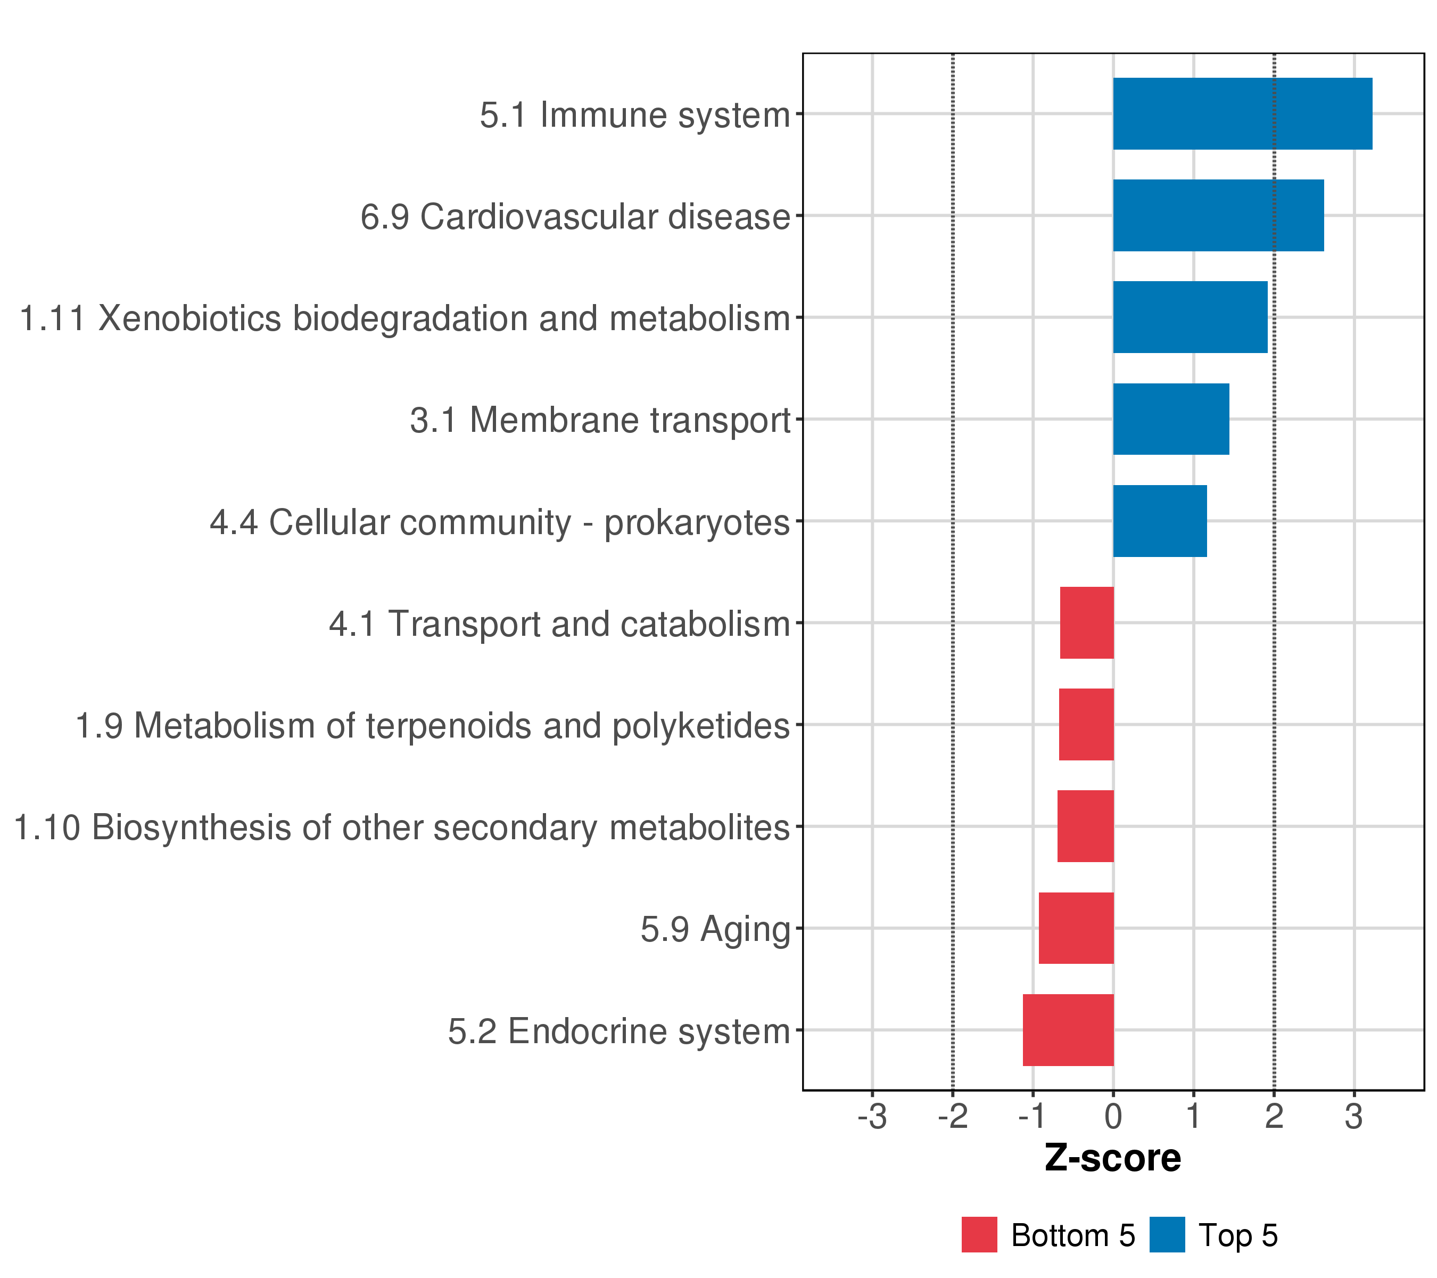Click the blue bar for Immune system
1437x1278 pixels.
tap(1242, 114)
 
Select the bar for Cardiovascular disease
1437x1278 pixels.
tap(1218, 215)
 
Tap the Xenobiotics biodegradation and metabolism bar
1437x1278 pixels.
tap(1190, 317)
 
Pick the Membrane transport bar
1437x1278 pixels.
tap(1171, 419)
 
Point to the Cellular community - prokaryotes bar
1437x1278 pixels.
tap(1160, 521)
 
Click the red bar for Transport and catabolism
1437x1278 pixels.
tap(1087, 622)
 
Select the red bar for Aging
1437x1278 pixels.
tap(1076, 928)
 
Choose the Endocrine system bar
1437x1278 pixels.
tap(1069, 1030)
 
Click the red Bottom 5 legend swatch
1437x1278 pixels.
tap(979, 1234)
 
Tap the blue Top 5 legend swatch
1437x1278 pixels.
tap(1167, 1234)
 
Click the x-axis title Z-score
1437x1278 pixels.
tap(1113, 1158)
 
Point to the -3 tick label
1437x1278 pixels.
tap(872, 1116)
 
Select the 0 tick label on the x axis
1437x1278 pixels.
tap(1113, 1116)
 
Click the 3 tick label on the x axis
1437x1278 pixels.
tap(1354, 1116)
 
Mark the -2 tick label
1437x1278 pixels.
tap(953, 1116)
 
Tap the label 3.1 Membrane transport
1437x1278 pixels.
tap(600, 421)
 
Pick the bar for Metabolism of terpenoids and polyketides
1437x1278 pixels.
tap(1086, 724)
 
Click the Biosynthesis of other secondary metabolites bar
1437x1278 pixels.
tap(1086, 826)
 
